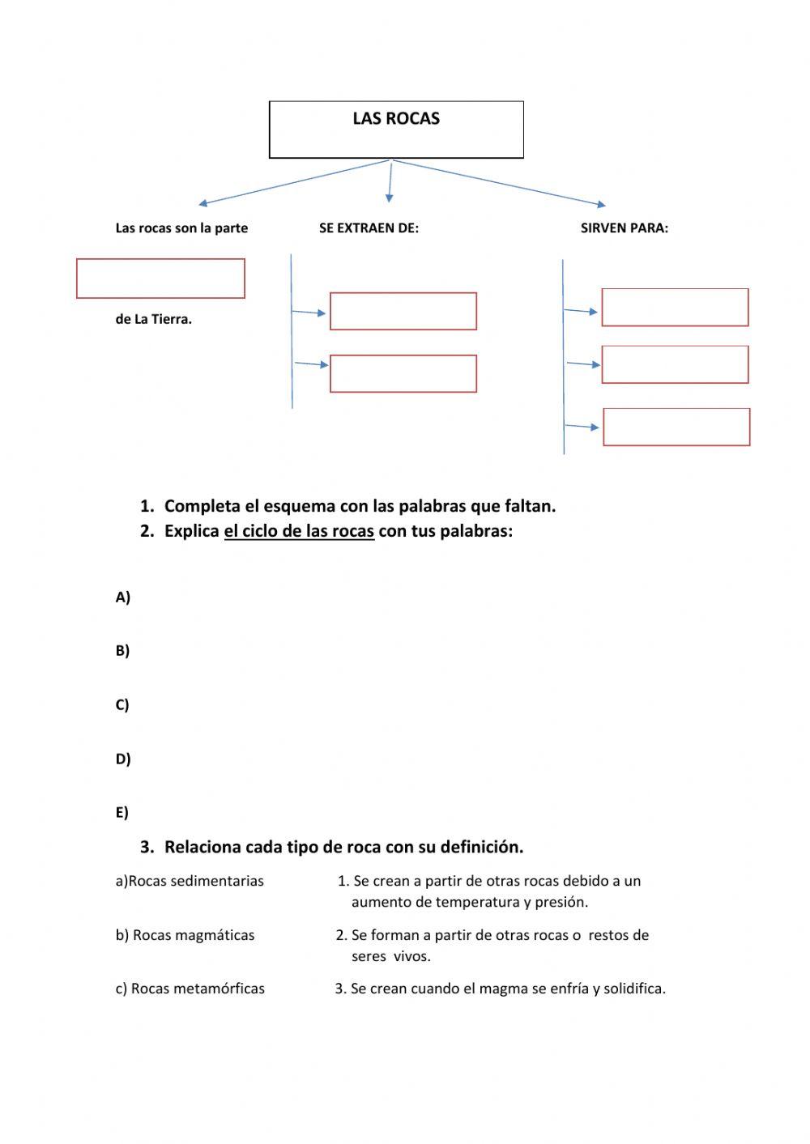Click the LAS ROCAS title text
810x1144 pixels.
pyautogui.click(x=396, y=119)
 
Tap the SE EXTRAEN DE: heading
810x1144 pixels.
pyautogui.click(x=369, y=228)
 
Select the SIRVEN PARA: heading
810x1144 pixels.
pyautogui.click(x=624, y=228)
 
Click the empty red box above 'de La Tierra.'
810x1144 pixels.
pyautogui.click(x=160, y=279)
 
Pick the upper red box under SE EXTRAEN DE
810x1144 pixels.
pyautogui.click(x=403, y=311)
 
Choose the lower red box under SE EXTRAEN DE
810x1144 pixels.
pyautogui.click(x=403, y=373)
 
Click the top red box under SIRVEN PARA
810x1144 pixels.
pyautogui.click(x=675, y=308)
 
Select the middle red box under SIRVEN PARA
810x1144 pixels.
pyautogui.click(x=675, y=364)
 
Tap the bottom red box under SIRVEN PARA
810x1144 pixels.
pyautogui.click(x=676, y=427)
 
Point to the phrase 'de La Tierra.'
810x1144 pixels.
pyautogui.click(x=153, y=320)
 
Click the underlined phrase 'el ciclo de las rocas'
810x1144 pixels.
pyautogui.click(x=299, y=531)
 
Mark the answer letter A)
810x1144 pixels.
pyautogui.click(x=123, y=598)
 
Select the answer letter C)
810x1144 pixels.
pyautogui.click(x=122, y=704)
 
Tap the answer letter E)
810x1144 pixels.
pyautogui.click(x=122, y=812)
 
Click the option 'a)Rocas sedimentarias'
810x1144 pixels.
pyautogui.click(x=190, y=881)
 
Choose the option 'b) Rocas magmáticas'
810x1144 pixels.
pyautogui.click(x=185, y=935)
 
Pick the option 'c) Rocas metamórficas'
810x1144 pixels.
pyautogui.click(x=190, y=989)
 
